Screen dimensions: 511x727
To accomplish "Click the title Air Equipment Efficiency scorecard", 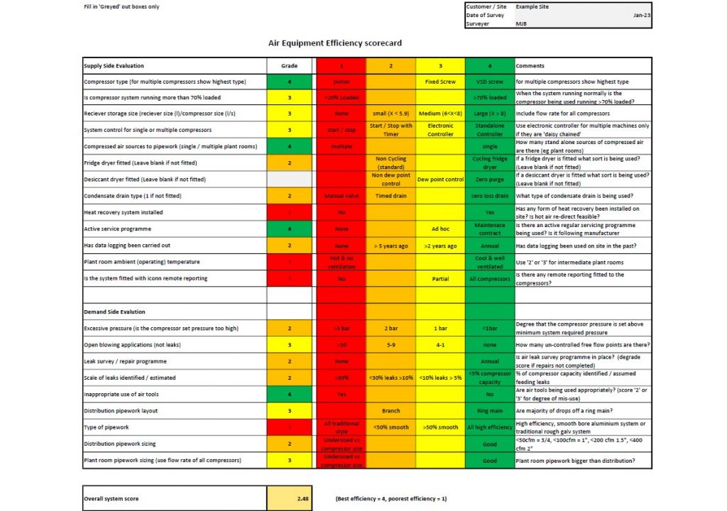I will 334,43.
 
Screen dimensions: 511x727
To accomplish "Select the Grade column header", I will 289,65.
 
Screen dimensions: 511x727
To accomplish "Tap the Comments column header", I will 530,65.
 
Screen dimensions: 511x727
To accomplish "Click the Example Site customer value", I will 532,6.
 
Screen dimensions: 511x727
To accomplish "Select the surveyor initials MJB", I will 521,23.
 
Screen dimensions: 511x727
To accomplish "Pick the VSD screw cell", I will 489,82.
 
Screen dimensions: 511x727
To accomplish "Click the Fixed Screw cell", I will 440,82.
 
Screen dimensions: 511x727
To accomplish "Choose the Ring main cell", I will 489,410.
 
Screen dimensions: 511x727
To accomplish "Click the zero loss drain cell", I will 489,196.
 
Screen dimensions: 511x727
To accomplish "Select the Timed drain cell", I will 390,196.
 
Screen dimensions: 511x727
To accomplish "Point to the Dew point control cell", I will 440,180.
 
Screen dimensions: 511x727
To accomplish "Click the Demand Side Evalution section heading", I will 114,312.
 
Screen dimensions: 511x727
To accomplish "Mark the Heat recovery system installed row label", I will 123,212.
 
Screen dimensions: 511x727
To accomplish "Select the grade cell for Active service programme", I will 289,229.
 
